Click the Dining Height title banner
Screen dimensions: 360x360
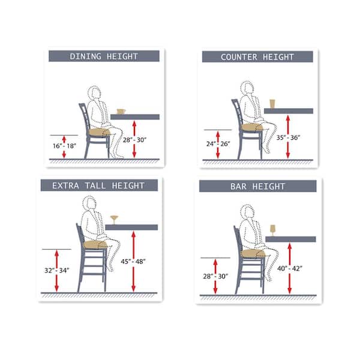104,56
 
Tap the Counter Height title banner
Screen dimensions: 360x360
257,57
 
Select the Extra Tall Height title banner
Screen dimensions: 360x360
99,185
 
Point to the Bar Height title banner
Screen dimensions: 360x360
257,186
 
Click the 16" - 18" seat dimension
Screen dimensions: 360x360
64,146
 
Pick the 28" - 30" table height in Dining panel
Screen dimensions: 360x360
134,140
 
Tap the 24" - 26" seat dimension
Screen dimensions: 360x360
218,144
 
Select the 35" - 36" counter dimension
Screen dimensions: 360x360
288,137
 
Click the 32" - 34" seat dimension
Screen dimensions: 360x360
57,271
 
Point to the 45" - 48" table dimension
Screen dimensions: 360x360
133,262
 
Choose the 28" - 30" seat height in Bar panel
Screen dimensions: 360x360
215,276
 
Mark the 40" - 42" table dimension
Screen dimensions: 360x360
290,268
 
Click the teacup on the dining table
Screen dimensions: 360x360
121,112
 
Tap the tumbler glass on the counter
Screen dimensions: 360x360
272,104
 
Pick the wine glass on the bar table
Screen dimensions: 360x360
273,230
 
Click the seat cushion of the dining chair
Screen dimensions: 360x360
99,132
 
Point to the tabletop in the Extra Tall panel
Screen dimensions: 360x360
131,227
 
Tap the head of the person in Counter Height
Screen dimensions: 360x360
247,88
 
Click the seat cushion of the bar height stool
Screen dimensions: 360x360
253,253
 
